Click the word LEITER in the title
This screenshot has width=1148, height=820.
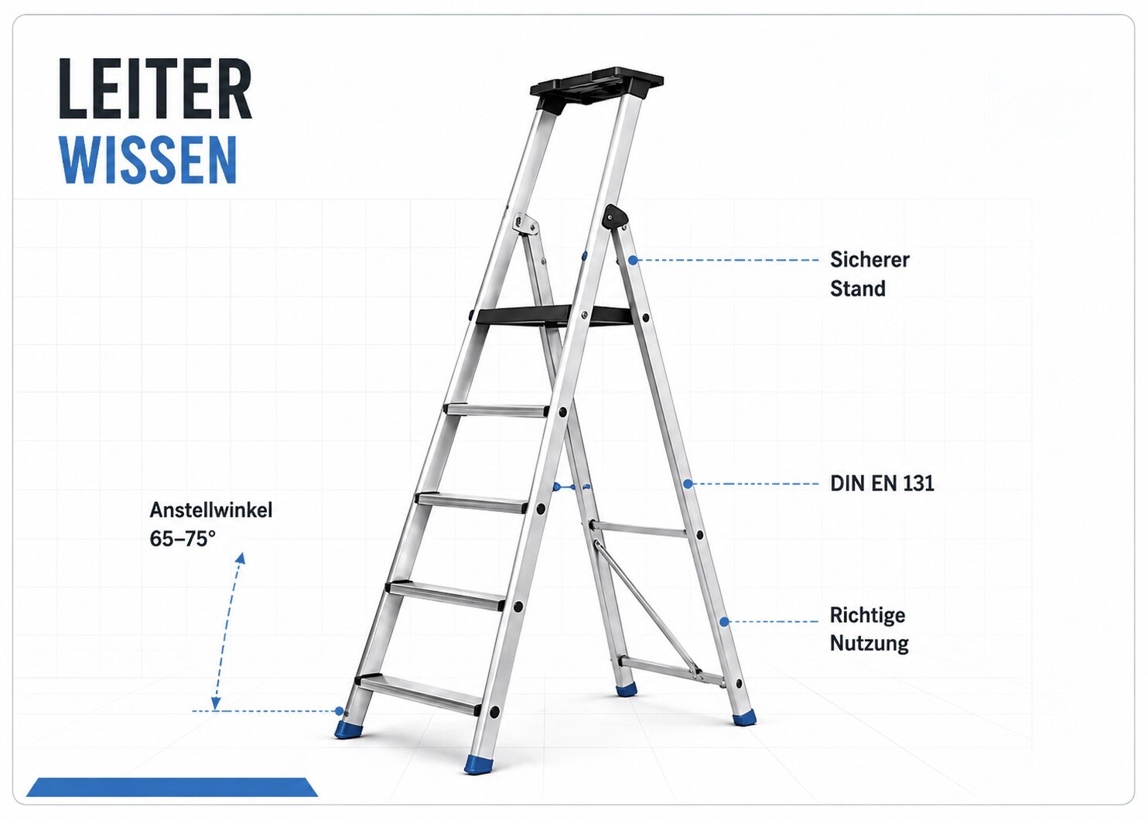tap(155, 89)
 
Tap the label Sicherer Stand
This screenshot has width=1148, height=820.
tap(870, 274)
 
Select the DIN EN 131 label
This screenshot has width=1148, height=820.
tap(882, 483)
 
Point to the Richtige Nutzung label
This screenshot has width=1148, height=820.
tap(869, 629)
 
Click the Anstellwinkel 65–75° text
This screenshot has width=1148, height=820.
tap(210, 524)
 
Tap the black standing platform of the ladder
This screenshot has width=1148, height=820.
tap(554, 314)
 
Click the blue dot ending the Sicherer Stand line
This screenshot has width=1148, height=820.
tap(633, 261)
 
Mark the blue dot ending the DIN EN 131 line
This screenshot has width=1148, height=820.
tap(688, 483)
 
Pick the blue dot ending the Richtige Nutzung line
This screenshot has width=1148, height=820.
tap(723, 622)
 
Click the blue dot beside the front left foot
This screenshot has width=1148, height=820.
tap(339, 710)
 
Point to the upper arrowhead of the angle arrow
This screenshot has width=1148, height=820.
tap(241, 558)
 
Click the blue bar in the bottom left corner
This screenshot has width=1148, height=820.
tap(173, 787)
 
